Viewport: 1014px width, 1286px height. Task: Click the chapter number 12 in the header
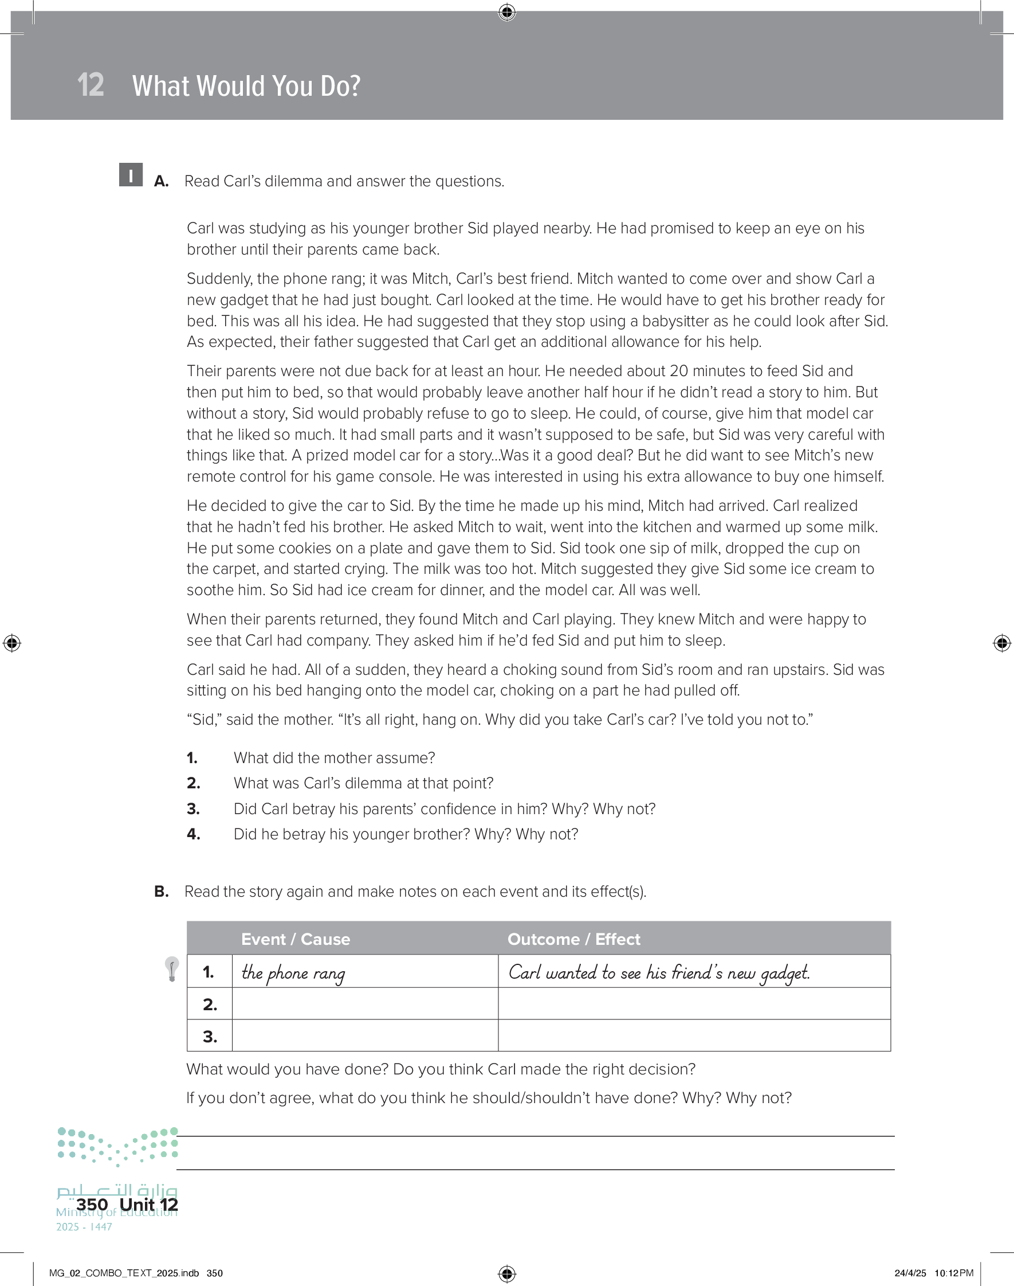click(91, 85)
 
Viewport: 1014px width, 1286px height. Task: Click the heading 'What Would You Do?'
click(246, 86)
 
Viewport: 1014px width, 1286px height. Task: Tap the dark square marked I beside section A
click(131, 175)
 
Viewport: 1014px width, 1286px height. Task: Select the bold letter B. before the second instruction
click(162, 892)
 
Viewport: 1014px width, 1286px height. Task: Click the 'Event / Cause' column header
click(295, 939)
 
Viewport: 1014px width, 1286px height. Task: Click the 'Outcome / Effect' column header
click(573, 939)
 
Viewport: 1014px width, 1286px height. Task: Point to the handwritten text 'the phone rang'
click(293, 973)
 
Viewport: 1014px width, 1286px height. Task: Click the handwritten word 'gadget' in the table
click(785, 973)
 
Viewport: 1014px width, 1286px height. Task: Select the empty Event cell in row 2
click(364, 1004)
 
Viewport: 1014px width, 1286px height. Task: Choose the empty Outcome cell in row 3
click(694, 1036)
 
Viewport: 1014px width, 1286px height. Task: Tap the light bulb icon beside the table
click(171, 969)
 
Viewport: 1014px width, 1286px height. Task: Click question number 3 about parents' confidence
click(193, 809)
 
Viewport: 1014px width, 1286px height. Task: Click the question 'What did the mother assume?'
click(333, 758)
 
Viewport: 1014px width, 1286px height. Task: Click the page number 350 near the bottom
click(92, 1205)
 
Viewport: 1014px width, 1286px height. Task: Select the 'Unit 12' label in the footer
click(148, 1205)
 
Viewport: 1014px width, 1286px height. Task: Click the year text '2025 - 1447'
click(84, 1227)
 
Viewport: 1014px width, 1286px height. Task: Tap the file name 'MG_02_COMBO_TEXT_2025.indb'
click(124, 1273)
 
